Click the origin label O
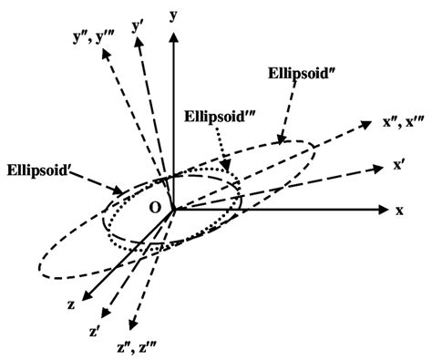(155, 209)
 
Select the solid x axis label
(399, 210)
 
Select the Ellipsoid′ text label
(42, 169)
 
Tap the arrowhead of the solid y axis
(173, 14)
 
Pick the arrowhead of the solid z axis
(83, 293)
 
